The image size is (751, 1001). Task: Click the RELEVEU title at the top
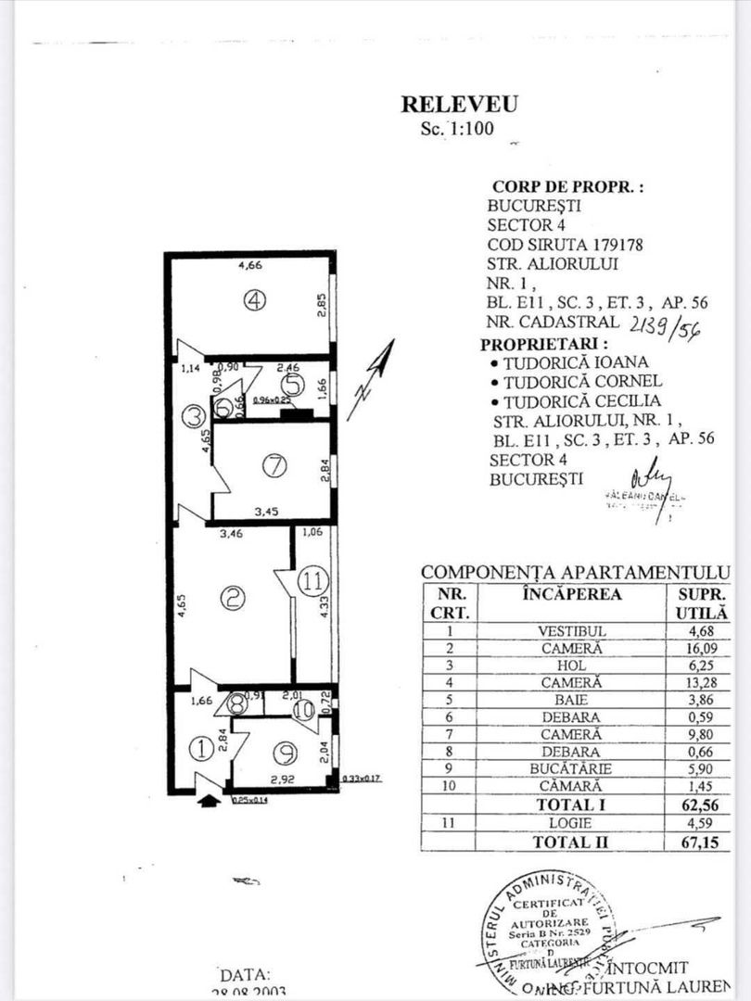(x=459, y=104)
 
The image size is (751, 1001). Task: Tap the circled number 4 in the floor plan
(x=256, y=300)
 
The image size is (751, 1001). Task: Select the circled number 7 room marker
(x=274, y=467)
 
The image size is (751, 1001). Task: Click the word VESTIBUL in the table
(x=571, y=631)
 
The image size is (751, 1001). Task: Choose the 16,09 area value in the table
(x=696, y=649)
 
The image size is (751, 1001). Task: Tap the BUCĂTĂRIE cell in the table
(x=571, y=768)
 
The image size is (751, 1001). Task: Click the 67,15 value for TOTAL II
(x=696, y=841)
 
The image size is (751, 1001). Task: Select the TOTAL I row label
(x=571, y=805)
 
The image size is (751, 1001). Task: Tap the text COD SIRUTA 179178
(x=565, y=245)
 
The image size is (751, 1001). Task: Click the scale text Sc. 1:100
(x=458, y=129)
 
